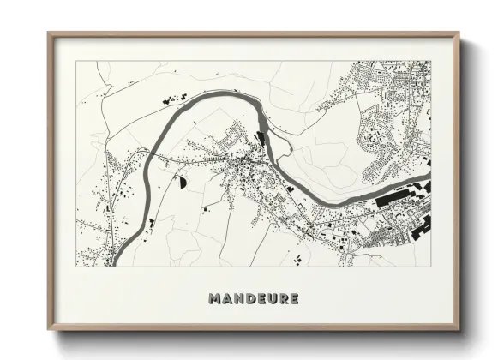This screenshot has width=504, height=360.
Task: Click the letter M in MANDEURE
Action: click(214, 299)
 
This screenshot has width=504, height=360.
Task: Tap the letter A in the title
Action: click(227, 299)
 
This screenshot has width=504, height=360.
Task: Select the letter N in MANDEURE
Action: click(239, 299)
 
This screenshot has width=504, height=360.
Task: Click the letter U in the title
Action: click(273, 299)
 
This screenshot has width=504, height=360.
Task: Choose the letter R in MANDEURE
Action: click(284, 299)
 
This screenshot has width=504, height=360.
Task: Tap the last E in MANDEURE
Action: click(295, 299)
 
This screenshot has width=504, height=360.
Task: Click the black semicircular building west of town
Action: click(182, 183)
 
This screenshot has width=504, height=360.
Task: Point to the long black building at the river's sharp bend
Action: click(261, 136)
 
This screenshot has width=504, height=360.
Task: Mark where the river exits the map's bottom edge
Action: click(117, 264)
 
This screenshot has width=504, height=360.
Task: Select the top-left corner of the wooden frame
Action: click(48, 33)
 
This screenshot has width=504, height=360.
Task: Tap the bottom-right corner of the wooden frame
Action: click(459, 329)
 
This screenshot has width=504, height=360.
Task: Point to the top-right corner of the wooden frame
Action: click(459, 33)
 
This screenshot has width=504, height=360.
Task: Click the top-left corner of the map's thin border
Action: click(76, 61)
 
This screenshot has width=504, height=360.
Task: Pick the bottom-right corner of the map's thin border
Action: click(429, 266)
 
